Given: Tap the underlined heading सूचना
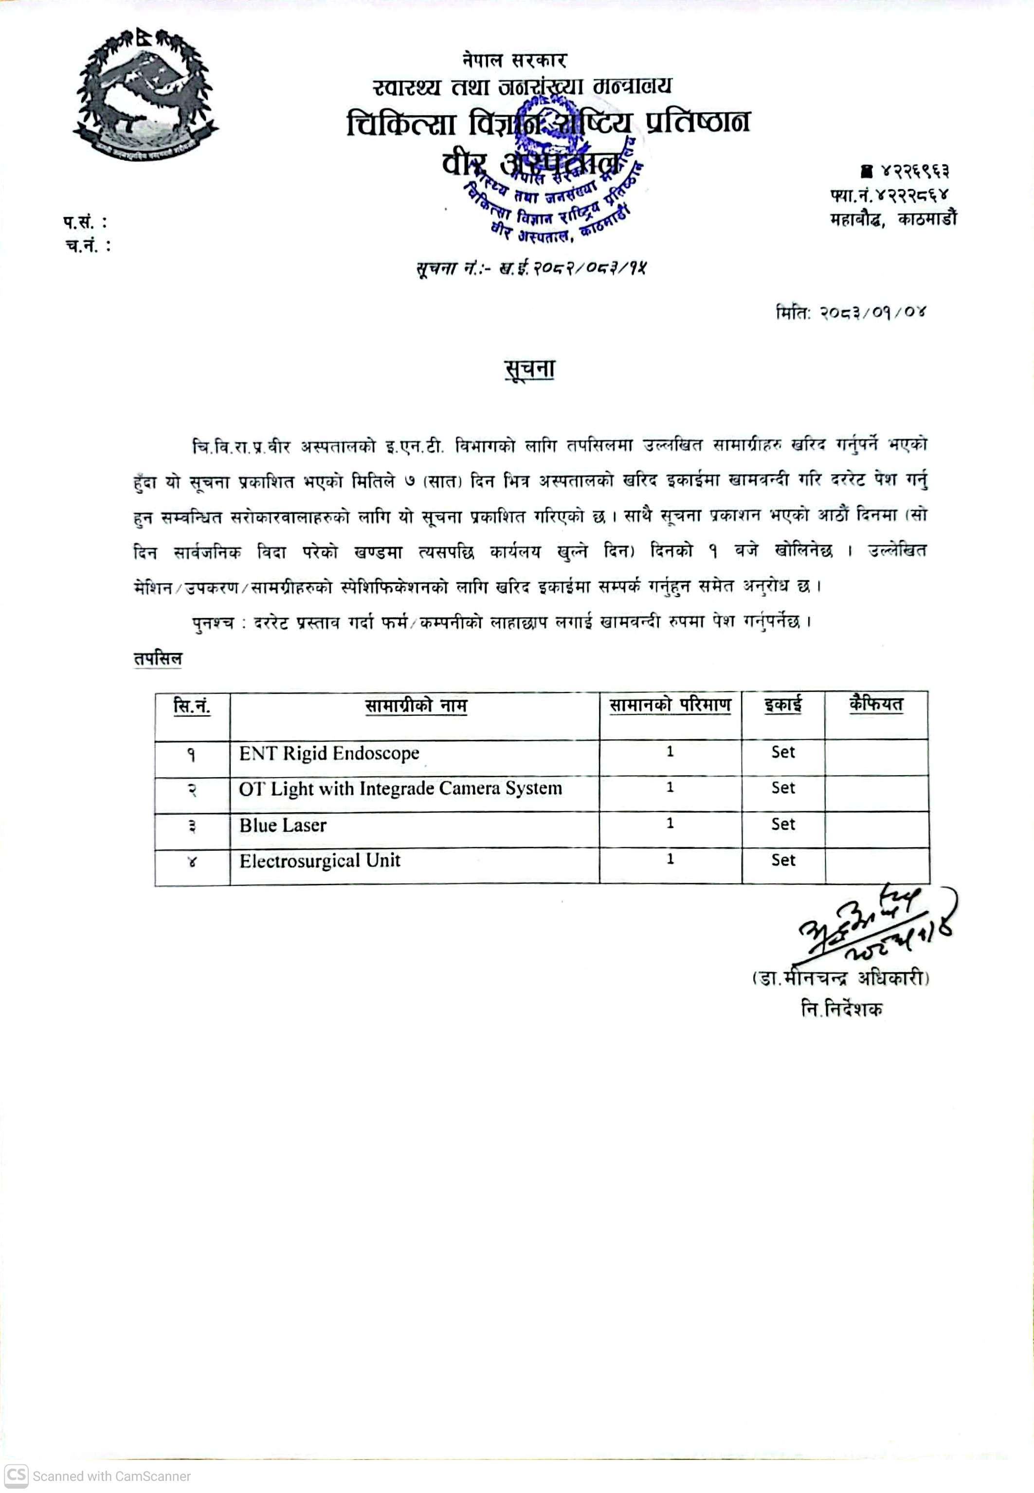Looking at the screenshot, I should coord(529,370).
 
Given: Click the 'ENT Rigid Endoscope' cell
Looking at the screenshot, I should coord(329,754).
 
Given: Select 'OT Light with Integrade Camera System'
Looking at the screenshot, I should coord(400,789).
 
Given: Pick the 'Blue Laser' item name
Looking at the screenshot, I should coord(283,825).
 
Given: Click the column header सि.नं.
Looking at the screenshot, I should coord(192,706).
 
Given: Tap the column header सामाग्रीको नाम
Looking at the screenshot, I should coord(415,706).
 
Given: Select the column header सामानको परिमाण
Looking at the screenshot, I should coord(670,705).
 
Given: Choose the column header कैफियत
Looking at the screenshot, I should coord(876,704).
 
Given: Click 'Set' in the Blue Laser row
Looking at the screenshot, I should coord(782,824).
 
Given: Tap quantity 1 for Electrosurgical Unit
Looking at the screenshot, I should coord(670,859).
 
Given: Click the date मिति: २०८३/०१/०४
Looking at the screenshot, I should coord(851,313).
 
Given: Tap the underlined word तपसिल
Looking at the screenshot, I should coord(158,659).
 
